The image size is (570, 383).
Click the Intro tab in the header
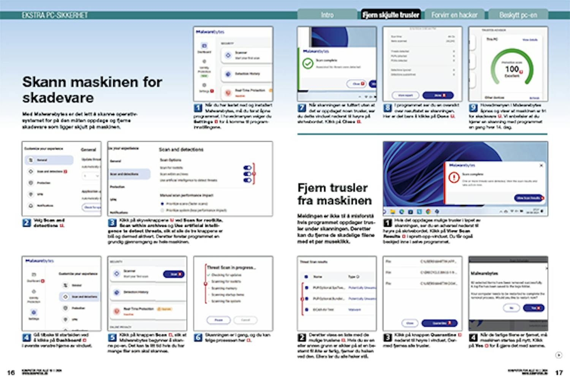[327, 15]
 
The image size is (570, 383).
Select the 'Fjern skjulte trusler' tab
[391, 15]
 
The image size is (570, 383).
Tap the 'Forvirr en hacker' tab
[454, 15]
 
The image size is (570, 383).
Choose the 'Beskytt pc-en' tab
[518, 15]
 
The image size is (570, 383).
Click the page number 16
[11, 372]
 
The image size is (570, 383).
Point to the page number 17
[559, 372]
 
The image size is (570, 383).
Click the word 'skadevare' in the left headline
[58, 98]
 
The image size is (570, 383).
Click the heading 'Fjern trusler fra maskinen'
[334, 194]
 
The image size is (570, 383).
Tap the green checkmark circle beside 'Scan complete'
[307, 63]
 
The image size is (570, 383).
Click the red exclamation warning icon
[454, 177]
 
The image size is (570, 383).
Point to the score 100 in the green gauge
[512, 69]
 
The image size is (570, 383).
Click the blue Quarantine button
[439, 323]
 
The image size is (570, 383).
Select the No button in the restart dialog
[511, 308]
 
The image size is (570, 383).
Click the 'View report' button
[405, 95]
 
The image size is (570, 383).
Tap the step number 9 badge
[473, 108]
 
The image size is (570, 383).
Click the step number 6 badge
[198, 337]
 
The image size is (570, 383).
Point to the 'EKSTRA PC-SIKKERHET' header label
[55, 15]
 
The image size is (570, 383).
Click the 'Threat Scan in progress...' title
[231, 267]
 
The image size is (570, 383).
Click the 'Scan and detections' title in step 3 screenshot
[181, 150]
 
